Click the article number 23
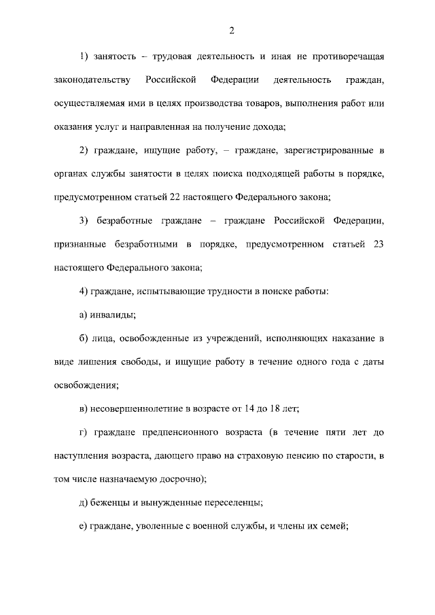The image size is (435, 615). tap(379, 244)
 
